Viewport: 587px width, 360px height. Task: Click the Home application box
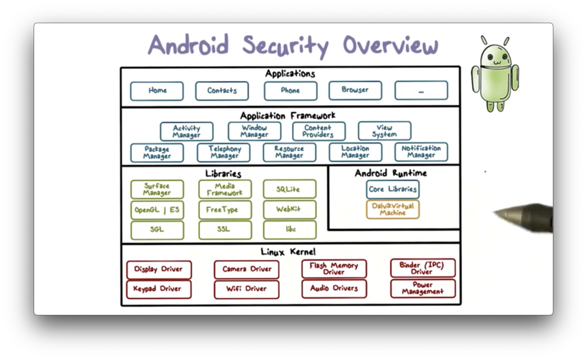157,91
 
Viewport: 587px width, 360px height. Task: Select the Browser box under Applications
355,90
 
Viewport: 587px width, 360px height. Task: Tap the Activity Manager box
187,131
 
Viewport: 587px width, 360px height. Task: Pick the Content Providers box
318,131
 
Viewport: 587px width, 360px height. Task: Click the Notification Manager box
421,152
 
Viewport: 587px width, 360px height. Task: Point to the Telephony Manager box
224,152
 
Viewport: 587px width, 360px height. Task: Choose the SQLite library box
289,189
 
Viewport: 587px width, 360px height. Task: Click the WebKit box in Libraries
289,209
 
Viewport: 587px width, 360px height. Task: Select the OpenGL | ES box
157,210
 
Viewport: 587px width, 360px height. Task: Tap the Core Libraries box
393,189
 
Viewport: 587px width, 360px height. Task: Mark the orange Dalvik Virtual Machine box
393,209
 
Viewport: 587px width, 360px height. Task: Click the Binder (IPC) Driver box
422,268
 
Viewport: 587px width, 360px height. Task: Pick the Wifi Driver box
246,289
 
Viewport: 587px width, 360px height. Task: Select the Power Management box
422,288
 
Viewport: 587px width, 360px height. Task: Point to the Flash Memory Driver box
334,268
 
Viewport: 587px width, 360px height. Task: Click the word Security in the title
285,46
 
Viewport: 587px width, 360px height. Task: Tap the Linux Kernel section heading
288,252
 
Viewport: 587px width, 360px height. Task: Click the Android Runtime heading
391,173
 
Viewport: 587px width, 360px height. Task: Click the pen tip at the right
496,213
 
